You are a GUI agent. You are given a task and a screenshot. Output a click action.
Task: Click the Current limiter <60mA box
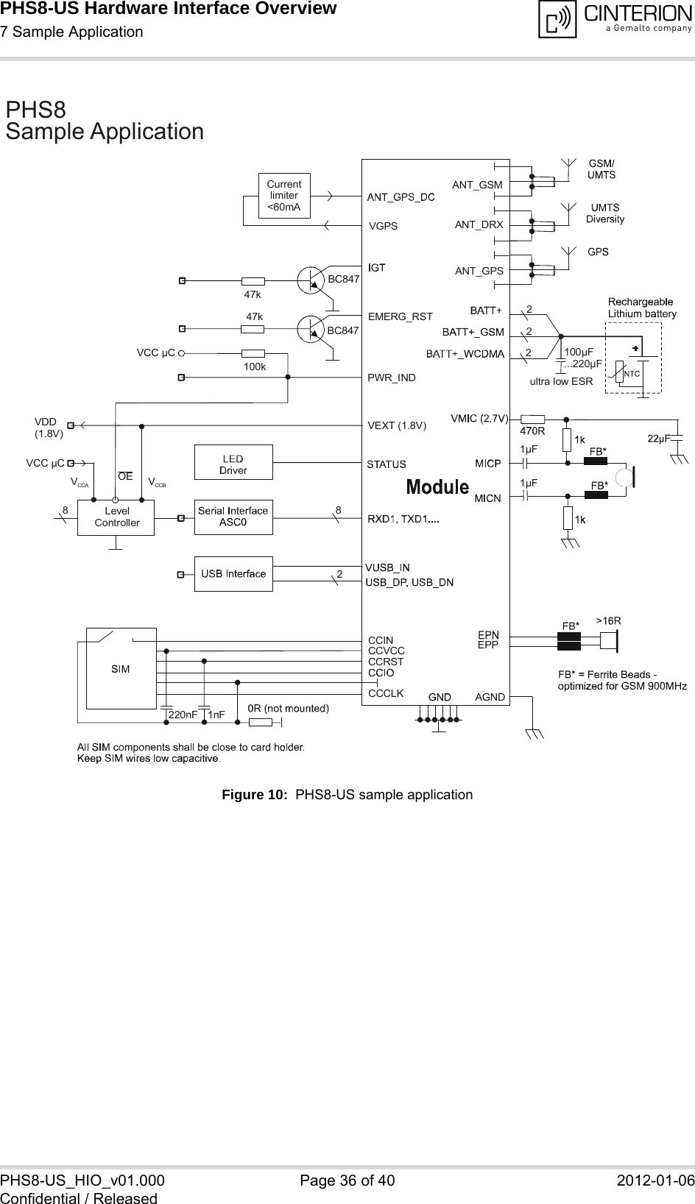[x=283, y=196]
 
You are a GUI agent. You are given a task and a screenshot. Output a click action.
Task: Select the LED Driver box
[x=233, y=464]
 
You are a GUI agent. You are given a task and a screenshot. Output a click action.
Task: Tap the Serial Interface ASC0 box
[x=233, y=517]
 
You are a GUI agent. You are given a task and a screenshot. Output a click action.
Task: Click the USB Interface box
[x=233, y=574]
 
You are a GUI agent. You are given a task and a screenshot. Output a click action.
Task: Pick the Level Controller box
[x=116, y=517]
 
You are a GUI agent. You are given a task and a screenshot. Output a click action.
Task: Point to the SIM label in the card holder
[x=121, y=669]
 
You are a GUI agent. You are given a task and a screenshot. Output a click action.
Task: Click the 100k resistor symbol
[x=253, y=353]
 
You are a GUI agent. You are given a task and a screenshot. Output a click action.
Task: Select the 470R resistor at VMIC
[x=532, y=419]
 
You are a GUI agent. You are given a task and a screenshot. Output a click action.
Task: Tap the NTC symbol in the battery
[x=631, y=374]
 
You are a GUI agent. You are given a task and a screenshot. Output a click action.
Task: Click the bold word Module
[x=438, y=486]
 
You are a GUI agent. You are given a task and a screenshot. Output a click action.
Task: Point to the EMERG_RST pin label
[x=400, y=317]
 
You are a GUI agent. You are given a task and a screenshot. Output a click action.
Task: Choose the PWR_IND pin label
[x=392, y=378]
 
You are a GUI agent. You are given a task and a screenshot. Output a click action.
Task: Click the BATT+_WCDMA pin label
[x=465, y=354]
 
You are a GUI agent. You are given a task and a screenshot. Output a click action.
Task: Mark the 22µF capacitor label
[x=657, y=439]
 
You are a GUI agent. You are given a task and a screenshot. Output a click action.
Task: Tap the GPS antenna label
[x=598, y=252]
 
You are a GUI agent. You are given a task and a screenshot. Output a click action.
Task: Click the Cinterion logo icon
[x=557, y=20]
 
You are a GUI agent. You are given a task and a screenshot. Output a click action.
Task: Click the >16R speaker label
[x=608, y=620]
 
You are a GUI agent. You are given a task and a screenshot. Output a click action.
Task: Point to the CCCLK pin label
[x=386, y=693]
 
